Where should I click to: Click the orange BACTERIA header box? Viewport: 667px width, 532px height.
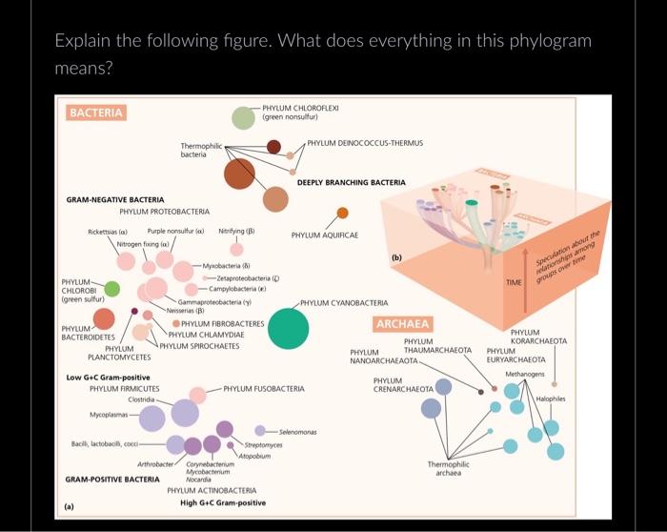pos(96,113)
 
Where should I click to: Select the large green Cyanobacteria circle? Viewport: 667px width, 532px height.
pos(289,329)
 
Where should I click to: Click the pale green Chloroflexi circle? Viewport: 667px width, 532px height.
pos(245,117)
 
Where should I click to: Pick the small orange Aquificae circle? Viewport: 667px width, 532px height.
pos(343,212)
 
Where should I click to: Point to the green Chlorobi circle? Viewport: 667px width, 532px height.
pos(111,289)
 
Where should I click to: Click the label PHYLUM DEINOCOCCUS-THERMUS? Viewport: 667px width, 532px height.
pos(364,143)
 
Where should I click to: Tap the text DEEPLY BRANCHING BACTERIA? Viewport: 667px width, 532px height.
pos(351,182)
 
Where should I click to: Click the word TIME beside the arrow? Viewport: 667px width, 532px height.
pos(514,283)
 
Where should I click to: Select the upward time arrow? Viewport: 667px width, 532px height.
pos(524,276)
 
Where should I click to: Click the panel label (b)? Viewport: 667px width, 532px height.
pos(396,257)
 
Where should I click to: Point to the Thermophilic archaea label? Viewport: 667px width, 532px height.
pos(448,468)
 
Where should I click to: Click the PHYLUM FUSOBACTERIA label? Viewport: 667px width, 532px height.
pos(263,389)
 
